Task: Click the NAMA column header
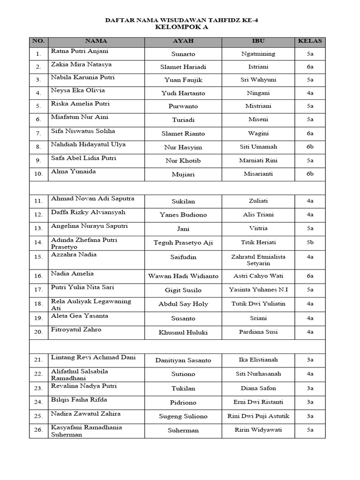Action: pyautogui.click(x=96, y=41)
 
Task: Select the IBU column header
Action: pyautogui.click(x=258, y=41)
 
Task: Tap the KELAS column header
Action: pyautogui.click(x=310, y=41)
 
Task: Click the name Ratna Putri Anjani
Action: pyautogui.click(x=80, y=51)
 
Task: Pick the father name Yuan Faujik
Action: pyautogui.click(x=183, y=80)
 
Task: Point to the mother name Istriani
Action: pyautogui.click(x=258, y=67)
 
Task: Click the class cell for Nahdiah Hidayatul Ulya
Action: pyautogui.click(x=310, y=147)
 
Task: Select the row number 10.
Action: pyautogui.click(x=38, y=174)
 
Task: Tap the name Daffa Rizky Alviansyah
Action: pyautogui.click(x=88, y=212)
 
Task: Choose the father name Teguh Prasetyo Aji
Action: pyautogui.click(x=183, y=242)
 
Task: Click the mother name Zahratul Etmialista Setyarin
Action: pyautogui.click(x=258, y=260)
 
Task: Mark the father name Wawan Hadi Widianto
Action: pyautogui.click(x=183, y=276)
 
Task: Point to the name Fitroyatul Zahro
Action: pyautogui.click(x=76, y=330)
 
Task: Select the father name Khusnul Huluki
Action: pyautogui.click(x=183, y=332)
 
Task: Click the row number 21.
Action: pyautogui.click(x=38, y=360)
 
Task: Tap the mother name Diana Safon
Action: pyautogui.click(x=258, y=388)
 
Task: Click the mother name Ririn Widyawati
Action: pyautogui.click(x=258, y=430)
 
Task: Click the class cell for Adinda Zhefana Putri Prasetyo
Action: pyautogui.click(x=310, y=242)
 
